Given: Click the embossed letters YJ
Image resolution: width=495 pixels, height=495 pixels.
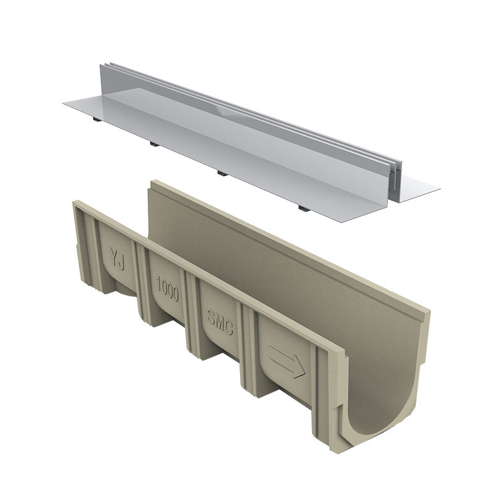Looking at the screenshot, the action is coord(117,259).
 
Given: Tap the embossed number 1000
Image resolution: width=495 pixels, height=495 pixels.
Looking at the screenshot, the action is coord(168,289).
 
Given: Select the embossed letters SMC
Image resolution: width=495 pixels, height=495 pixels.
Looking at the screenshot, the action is coord(220,322).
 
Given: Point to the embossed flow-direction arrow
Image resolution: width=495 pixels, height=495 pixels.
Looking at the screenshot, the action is coord(286,361).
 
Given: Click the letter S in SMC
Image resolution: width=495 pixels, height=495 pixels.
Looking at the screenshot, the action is coord(211,317).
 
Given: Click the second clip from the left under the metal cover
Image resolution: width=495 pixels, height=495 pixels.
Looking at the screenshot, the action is coord(154,144).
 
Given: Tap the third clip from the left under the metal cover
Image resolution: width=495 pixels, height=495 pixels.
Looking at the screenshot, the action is coord(222,174).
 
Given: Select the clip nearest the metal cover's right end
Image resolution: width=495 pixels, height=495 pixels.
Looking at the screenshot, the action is coord(303,209).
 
